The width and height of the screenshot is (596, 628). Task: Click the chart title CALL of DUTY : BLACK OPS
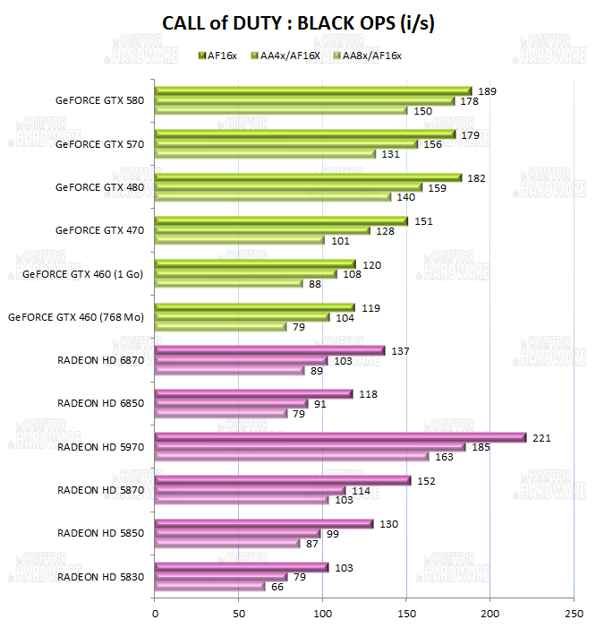pyautogui.click(x=298, y=24)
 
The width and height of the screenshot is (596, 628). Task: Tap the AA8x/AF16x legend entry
pyautogui.click(x=366, y=56)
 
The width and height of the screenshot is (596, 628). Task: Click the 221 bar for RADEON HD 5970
pyautogui.click(x=340, y=437)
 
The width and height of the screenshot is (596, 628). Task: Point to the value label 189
pyautogui.click(x=487, y=91)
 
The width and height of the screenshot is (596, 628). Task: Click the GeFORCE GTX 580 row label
pyautogui.click(x=98, y=100)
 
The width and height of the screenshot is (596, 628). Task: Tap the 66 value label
pyautogui.click(x=277, y=587)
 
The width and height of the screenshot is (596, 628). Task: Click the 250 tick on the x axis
pyautogui.click(x=573, y=615)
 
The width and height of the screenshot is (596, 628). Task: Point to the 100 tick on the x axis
pyautogui.click(x=322, y=615)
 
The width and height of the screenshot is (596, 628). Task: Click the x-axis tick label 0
pyautogui.click(x=155, y=615)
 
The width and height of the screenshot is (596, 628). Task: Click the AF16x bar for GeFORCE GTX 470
pyautogui.click(x=280, y=220)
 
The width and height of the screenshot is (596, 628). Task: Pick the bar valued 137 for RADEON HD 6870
pyautogui.click(x=269, y=350)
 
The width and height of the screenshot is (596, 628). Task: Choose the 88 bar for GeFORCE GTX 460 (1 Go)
pyautogui.click(x=228, y=284)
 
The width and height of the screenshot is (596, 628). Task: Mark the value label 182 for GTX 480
pyautogui.click(x=477, y=178)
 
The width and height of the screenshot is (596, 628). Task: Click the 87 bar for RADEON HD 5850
pyautogui.click(x=227, y=544)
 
